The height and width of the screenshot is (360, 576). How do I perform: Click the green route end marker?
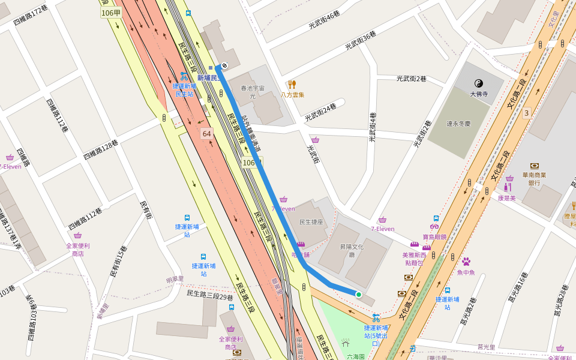359,294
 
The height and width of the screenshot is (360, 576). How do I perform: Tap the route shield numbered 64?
207,133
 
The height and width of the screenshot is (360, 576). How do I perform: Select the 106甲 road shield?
111,13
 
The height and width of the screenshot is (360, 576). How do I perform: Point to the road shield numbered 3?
527,113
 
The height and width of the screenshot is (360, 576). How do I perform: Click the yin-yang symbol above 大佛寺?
479,83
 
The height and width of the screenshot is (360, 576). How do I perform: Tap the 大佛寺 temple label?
479,94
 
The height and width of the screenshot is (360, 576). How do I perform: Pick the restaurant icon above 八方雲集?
292,85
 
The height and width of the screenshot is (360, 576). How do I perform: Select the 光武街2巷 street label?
411,79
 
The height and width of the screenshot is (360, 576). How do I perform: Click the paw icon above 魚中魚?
466,262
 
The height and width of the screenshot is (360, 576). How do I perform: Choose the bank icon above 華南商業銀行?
534,166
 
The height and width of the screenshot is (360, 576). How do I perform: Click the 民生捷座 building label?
311,222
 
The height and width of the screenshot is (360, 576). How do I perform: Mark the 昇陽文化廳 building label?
352,250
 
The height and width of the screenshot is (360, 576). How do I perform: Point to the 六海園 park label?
355,356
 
